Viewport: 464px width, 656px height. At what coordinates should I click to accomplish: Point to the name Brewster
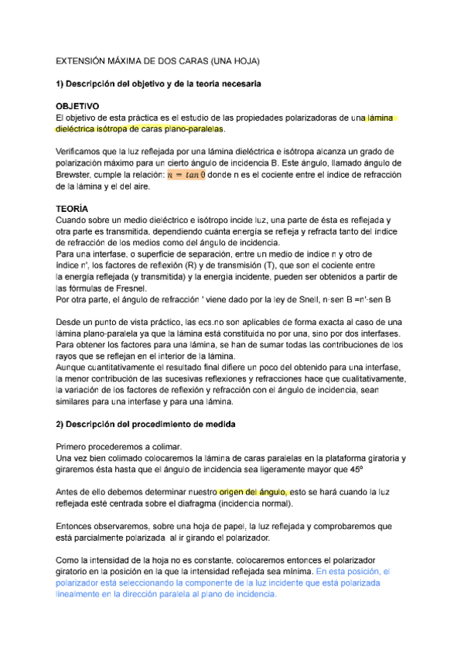coord(76,176)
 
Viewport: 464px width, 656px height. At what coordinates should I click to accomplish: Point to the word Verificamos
coord(80,152)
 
